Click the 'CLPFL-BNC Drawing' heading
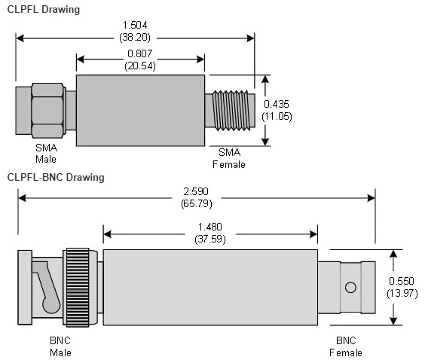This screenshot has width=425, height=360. [x=56, y=178]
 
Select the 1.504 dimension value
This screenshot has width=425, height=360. [x=135, y=26]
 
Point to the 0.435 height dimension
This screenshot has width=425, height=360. [x=277, y=104]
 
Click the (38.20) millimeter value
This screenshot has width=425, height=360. [x=135, y=36]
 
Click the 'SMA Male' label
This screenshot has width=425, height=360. [x=46, y=154]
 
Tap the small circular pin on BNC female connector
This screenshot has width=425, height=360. [x=349, y=287]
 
